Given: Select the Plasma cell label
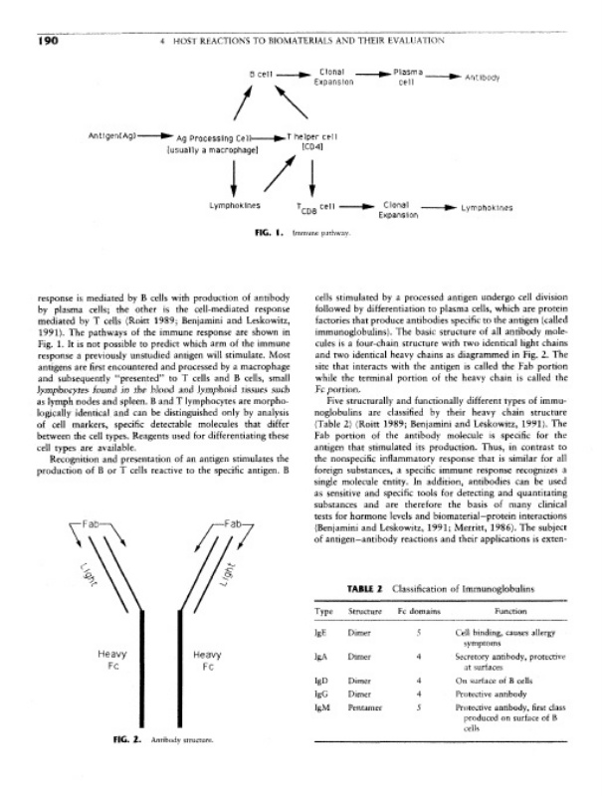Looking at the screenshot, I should [406, 77].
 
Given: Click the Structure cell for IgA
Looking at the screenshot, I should [359, 658].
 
